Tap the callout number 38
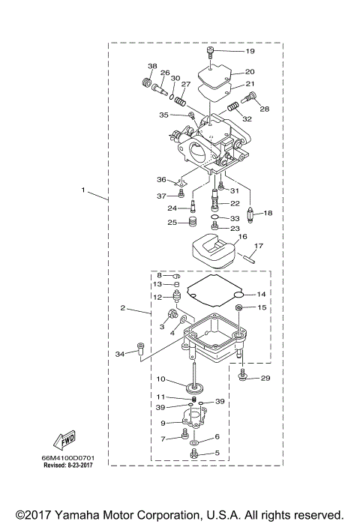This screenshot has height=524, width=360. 152,67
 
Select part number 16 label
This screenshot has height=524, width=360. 241,237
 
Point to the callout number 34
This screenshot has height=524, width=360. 120,354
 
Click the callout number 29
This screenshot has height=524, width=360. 265,379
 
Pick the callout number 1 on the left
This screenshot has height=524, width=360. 83,190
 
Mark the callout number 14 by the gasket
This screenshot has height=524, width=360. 262,294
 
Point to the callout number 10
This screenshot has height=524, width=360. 160,379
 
